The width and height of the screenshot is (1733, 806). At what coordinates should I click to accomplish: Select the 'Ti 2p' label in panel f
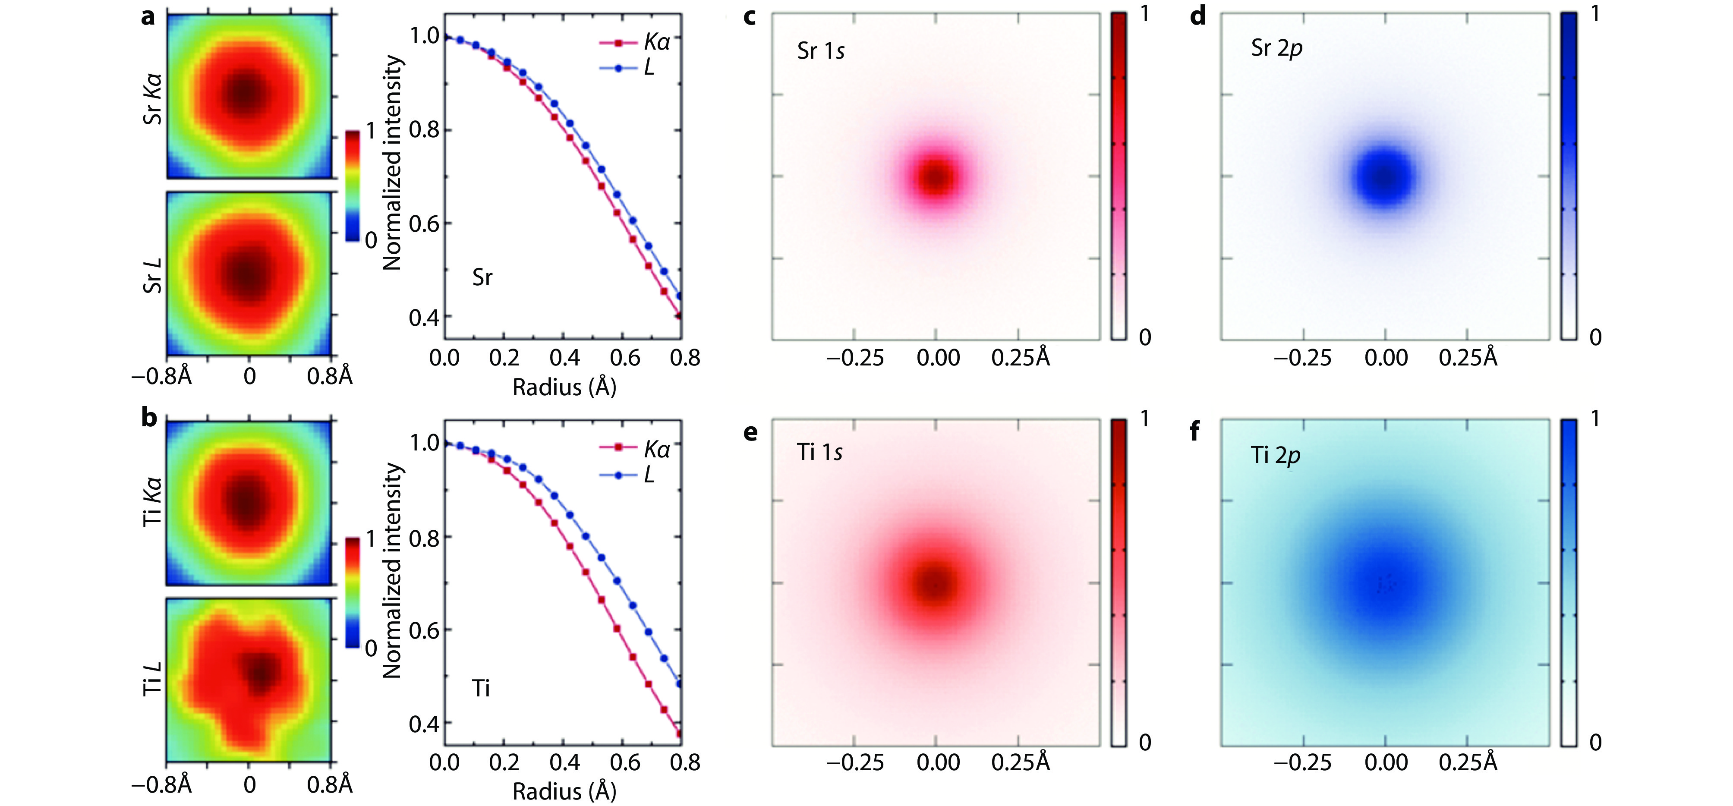pos(1275,456)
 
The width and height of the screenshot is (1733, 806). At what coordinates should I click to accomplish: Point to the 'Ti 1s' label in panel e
pos(819,453)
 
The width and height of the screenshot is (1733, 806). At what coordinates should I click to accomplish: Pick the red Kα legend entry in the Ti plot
pos(635,449)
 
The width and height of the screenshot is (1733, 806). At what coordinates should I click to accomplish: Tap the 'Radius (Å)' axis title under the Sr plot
pos(564,387)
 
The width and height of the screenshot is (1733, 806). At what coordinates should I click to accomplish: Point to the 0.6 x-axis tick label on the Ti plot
pos(625,762)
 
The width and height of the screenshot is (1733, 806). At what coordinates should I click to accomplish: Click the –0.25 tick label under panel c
pos(854,357)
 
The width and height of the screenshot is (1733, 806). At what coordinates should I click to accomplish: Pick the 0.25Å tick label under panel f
pos(1468,762)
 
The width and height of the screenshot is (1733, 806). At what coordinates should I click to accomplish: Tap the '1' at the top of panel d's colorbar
pos(1594,13)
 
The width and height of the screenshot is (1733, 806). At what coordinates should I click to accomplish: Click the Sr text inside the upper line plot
pos(482,277)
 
